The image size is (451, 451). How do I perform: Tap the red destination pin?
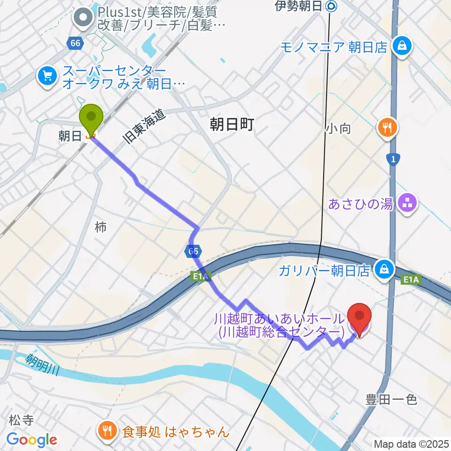pyautogui.click(x=359, y=319)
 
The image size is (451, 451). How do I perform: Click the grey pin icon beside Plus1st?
pyautogui.click(x=84, y=18)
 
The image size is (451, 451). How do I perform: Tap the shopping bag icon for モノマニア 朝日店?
pyautogui.click(x=403, y=46)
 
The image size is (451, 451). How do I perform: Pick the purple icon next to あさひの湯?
pyautogui.click(x=405, y=203)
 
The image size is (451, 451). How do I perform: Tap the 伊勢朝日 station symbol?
pyautogui.click(x=332, y=6)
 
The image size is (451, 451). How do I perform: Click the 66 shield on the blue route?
pyautogui.click(x=192, y=252)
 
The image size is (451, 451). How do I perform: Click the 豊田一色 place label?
pyautogui.click(x=391, y=400)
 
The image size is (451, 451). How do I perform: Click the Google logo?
pyautogui.click(x=31, y=440)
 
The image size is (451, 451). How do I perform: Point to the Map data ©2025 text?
pyautogui.click(x=411, y=444)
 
